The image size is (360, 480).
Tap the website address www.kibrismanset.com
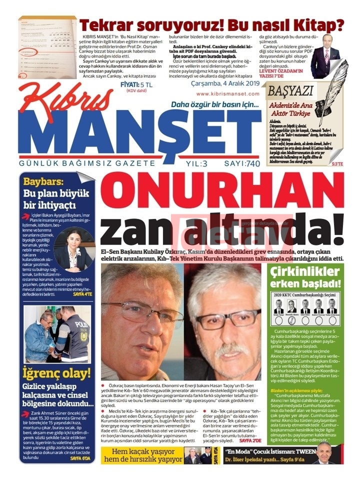pos(227,93)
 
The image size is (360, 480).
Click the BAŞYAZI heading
pos(291,91)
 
